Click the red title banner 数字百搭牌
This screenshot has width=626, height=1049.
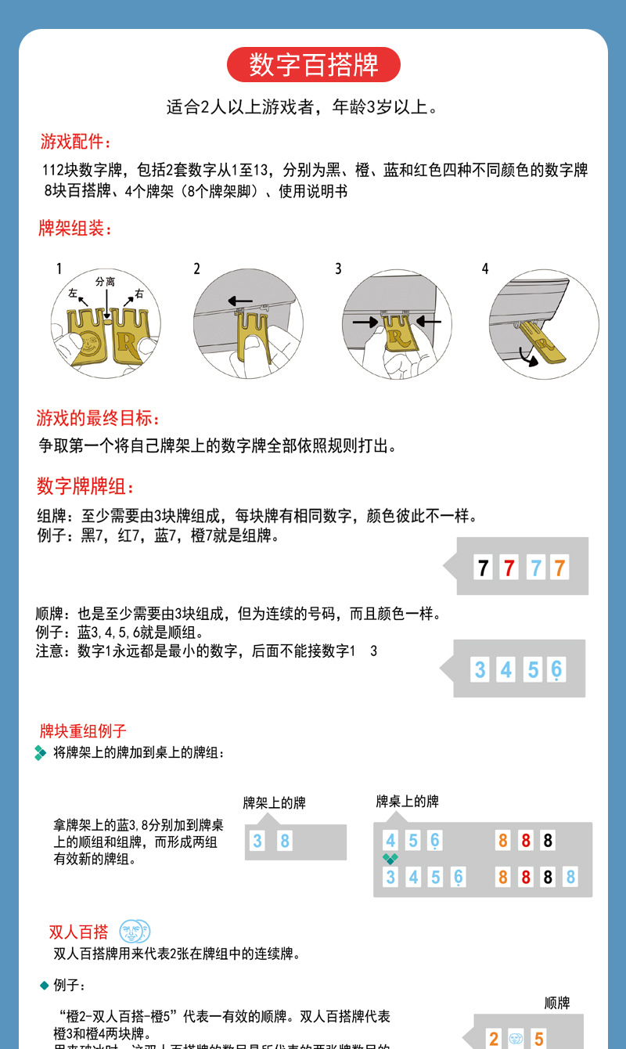tap(313, 65)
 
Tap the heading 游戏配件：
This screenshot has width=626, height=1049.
tap(76, 142)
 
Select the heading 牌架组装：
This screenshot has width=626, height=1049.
tap(76, 229)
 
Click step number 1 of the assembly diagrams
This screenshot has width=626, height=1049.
tap(59, 269)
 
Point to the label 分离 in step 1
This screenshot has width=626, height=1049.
tap(105, 280)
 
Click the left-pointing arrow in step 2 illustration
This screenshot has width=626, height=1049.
tap(240, 300)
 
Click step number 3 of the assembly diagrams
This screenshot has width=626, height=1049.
tap(338, 269)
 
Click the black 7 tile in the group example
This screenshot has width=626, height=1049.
tap(483, 568)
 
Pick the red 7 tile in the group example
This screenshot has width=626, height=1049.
tap(509, 568)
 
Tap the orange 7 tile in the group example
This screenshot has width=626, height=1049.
tap(559, 568)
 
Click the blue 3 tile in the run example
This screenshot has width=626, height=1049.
tap(480, 670)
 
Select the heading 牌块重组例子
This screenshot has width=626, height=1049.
tap(83, 731)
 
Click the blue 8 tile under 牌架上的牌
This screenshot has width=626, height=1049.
tap(285, 842)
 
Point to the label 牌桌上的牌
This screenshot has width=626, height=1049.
tap(407, 801)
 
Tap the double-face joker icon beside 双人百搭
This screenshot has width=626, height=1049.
tap(135, 932)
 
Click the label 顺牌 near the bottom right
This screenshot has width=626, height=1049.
tap(557, 1003)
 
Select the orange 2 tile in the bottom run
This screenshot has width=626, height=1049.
tap(494, 1039)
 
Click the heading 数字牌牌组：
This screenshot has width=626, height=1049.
tap(86, 487)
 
